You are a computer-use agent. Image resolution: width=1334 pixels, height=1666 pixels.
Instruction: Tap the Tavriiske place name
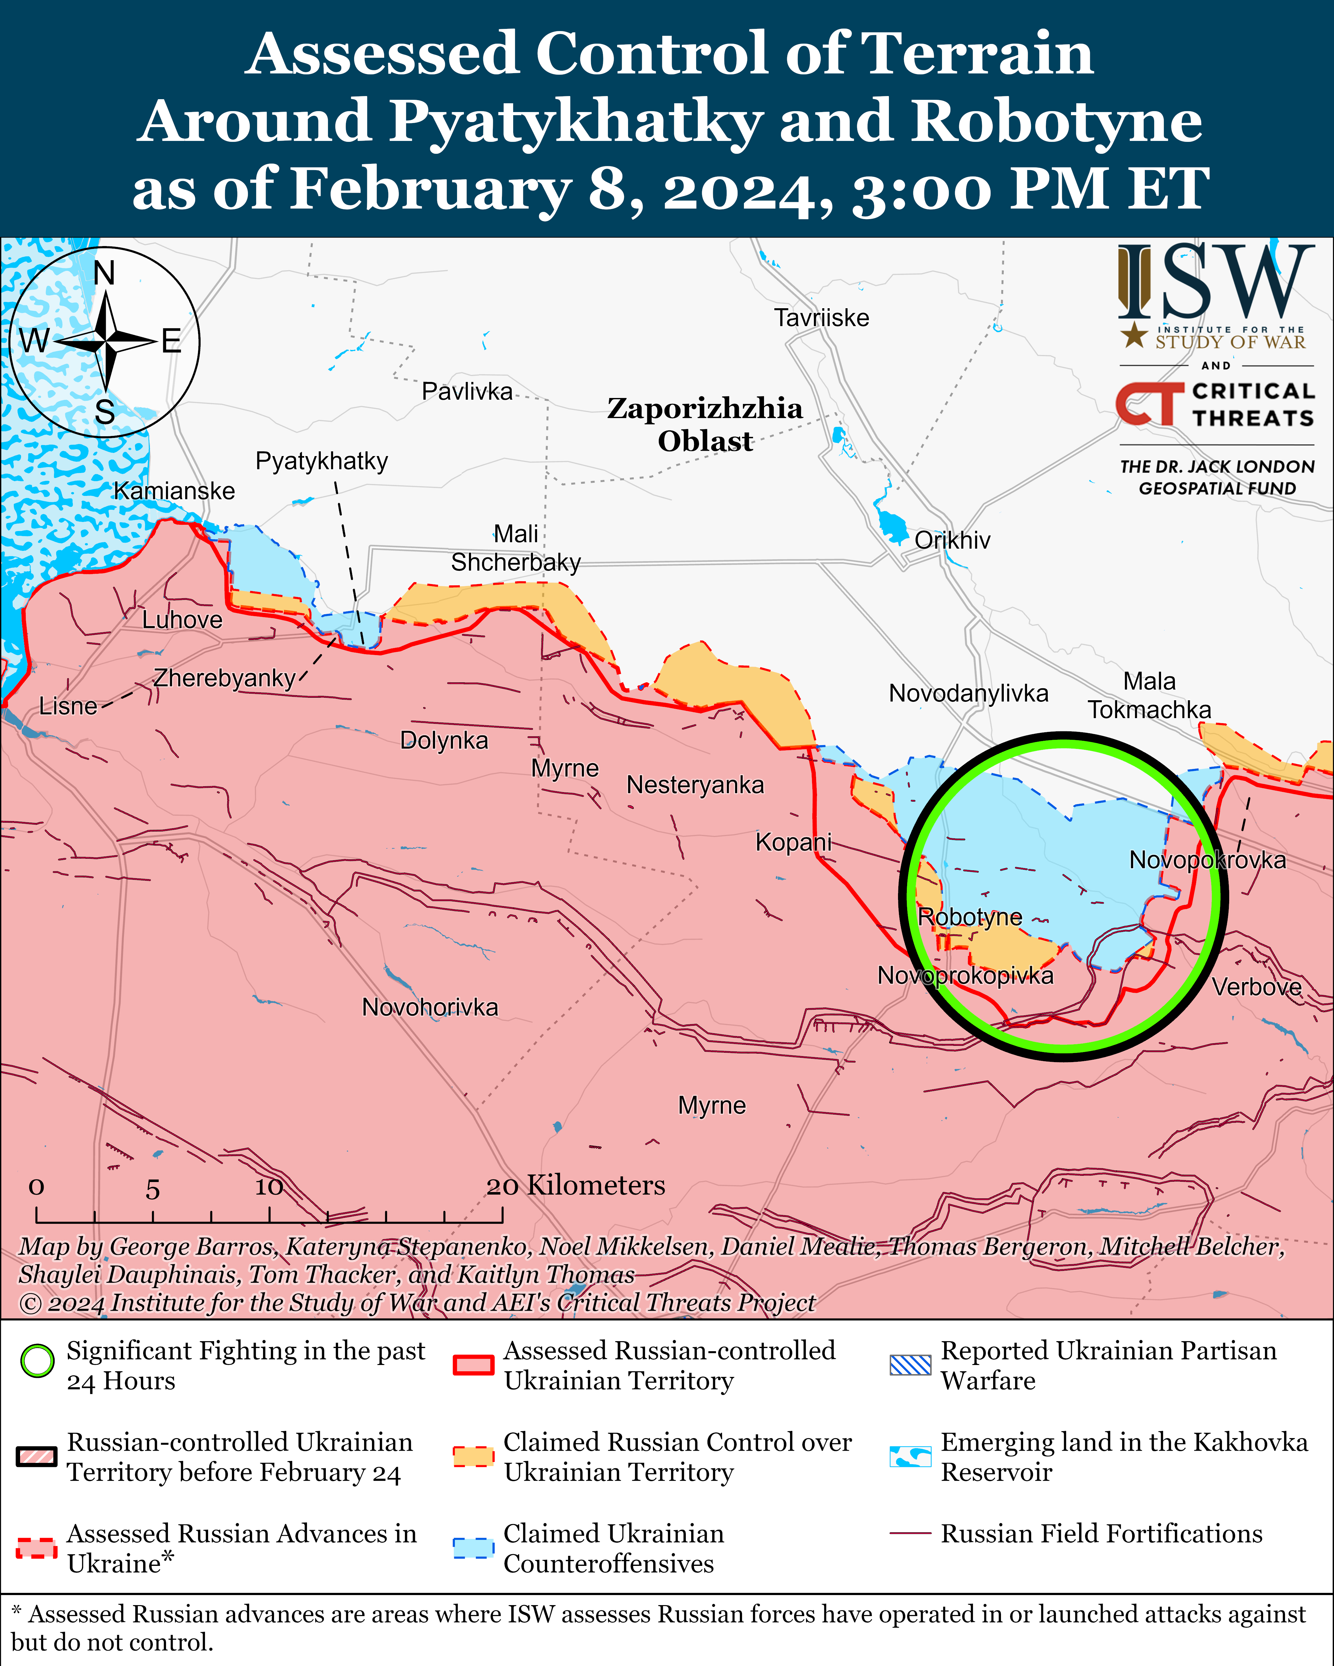click(821, 318)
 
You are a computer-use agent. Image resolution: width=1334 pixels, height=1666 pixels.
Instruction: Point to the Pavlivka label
click(467, 392)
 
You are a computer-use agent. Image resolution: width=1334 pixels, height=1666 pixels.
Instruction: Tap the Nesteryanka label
click(695, 785)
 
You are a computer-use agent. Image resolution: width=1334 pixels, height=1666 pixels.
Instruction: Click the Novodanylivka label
click(968, 693)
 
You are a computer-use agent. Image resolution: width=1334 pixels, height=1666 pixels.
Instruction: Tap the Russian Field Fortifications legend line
click(910, 1533)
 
